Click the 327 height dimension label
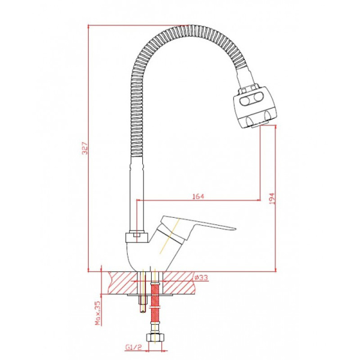click(85, 148)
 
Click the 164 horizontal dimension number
click(199, 196)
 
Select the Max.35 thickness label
click(97, 311)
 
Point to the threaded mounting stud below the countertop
click(142, 300)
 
